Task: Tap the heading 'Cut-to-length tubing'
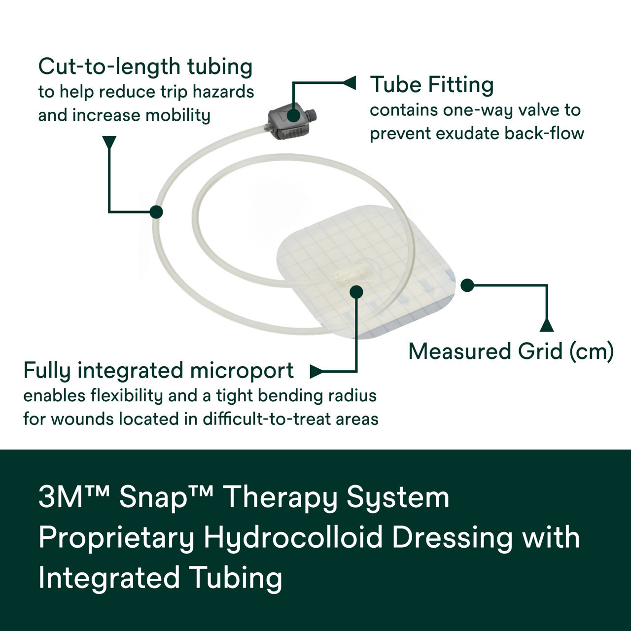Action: click(145, 67)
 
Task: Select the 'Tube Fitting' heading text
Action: click(431, 85)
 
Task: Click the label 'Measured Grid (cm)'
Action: click(511, 351)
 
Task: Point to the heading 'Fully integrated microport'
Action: click(158, 371)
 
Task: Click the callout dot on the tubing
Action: click(156, 212)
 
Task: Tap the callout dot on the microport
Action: click(356, 291)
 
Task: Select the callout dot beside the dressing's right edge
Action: click(467, 285)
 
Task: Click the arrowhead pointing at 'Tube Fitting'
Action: click(349, 83)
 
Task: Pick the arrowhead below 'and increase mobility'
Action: click(109, 142)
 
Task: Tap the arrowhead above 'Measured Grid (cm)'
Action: click(547, 325)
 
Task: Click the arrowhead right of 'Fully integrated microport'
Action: click(316, 371)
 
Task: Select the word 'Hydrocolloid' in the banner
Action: click(294, 537)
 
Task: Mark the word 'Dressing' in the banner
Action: click(453, 537)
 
